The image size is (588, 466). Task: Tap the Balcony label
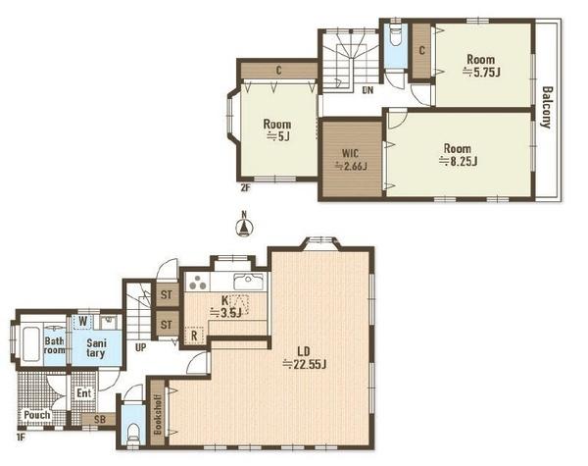tap(548, 107)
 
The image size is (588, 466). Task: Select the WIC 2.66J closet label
tap(351, 160)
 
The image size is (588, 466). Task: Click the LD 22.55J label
tap(304, 358)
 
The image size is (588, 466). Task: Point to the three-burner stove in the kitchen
tap(198, 282)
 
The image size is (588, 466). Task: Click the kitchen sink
tap(249, 282)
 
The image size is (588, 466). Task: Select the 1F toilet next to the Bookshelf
tap(133, 433)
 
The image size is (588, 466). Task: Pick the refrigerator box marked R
tap(194, 336)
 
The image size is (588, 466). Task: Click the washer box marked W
tap(83, 322)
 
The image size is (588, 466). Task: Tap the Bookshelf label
tap(158, 413)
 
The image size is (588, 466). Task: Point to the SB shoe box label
tap(100, 419)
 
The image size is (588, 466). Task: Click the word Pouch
tap(37, 415)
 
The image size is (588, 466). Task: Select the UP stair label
tap(140, 347)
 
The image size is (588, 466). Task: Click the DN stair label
tap(367, 90)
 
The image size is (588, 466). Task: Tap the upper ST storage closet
tap(167, 294)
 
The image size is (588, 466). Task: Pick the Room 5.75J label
tap(481, 66)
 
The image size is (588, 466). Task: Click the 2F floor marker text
tap(244, 188)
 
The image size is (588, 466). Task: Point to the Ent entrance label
tap(83, 393)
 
